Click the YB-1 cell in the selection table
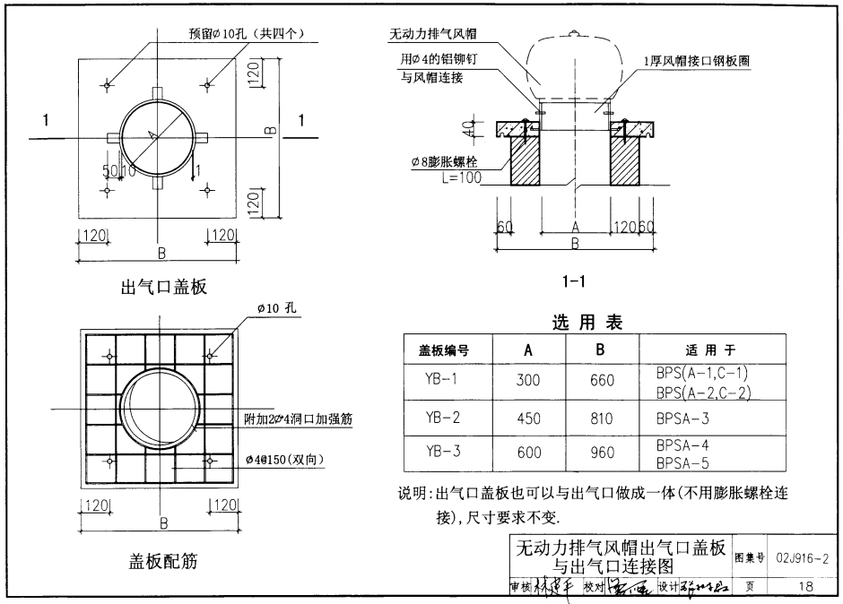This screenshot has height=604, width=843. (x=443, y=379)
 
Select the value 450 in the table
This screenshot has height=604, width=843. (x=529, y=418)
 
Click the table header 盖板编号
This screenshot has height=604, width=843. (x=444, y=349)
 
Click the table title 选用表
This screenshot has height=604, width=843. (x=587, y=324)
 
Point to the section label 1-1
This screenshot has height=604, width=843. (x=573, y=281)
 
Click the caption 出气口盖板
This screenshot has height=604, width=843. (x=164, y=288)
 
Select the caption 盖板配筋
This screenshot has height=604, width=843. (x=163, y=562)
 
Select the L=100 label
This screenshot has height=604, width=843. (x=461, y=178)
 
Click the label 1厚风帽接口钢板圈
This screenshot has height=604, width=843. (x=696, y=62)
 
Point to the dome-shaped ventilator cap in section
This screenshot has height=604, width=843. (x=576, y=67)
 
